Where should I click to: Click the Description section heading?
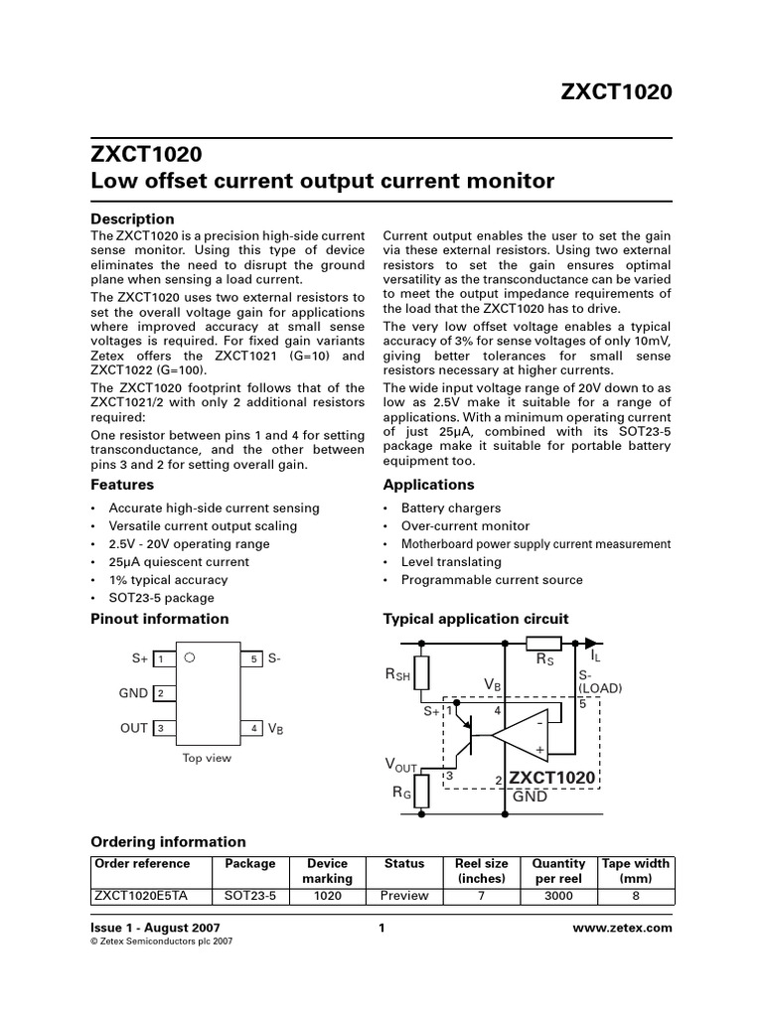point(132,218)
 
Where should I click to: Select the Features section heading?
point(122,485)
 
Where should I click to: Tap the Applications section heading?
point(428,485)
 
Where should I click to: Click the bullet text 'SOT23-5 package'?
point(161,598)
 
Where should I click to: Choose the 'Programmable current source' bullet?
point(492,580)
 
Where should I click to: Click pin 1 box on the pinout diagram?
point(161,658)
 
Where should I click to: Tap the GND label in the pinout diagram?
point(133,693)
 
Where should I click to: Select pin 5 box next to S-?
point(253,658)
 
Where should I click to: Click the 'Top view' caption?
point(207,758)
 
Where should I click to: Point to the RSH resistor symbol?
point(421,673)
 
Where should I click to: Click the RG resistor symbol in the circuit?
point(421,793)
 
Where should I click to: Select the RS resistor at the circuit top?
point(544,644)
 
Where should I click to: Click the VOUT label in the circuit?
point(401,765)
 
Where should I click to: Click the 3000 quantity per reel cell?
point(558,895)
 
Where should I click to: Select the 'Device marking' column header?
point(327,871)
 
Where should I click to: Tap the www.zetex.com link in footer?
point(623,928)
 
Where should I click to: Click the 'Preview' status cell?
point(404,895)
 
